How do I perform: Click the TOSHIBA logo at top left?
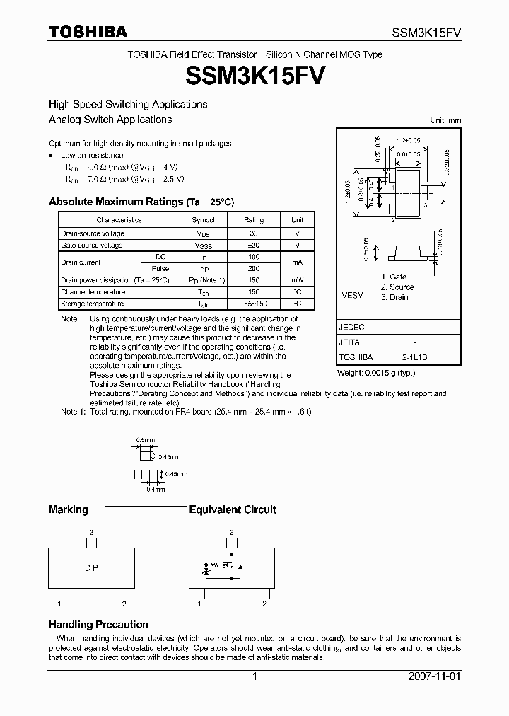[88, 32]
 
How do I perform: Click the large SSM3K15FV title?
[254, 74]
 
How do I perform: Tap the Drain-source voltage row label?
[93, 233]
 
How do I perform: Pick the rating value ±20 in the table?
[254, 246]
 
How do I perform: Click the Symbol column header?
[204, 220]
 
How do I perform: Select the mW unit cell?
[298, 280]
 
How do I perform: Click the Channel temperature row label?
[93, 292]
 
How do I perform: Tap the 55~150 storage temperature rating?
[254, 304]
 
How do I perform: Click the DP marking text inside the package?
[91, 568]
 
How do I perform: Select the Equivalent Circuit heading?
[233, 509]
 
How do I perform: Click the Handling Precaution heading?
[98, 625]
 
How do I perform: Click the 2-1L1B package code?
[414, 357]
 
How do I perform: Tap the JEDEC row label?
[352, 328]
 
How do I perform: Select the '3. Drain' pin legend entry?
[394, 297]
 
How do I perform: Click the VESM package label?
[353, 295]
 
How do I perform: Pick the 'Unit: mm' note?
[445, 120]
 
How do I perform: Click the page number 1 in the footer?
[255, 676]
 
